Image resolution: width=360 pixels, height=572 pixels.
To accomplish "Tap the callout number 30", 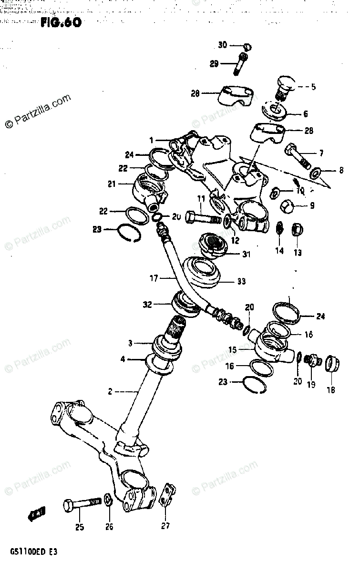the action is tap(223, 46).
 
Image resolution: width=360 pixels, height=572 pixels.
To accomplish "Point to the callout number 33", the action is tap(241, 282).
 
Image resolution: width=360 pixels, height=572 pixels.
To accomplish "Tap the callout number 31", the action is tap(246, 254).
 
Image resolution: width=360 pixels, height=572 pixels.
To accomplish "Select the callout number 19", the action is tap(311, 385).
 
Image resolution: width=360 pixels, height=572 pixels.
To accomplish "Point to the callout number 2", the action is tap(110, 392).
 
